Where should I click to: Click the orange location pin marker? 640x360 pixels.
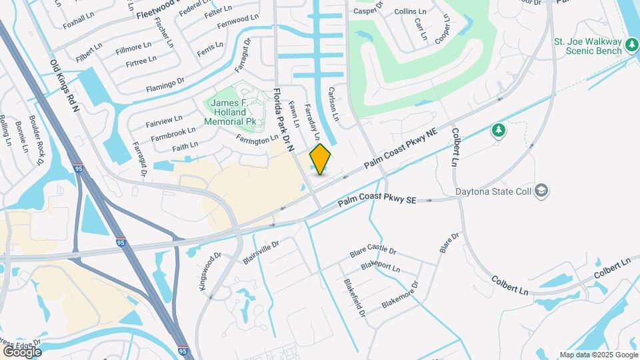[x=320, y=159]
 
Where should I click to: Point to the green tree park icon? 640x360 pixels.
[x=498, y=130]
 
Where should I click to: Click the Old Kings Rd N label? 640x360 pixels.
[x=65, y=85]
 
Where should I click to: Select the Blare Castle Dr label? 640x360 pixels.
[x=373, y=252]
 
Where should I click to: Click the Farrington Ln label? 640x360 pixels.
[x=257, y=139]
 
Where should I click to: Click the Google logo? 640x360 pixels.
[x=22, y=351]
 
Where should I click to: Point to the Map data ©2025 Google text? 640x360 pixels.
[x=598, y=355]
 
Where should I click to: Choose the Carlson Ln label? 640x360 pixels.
[x=334, y=103]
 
